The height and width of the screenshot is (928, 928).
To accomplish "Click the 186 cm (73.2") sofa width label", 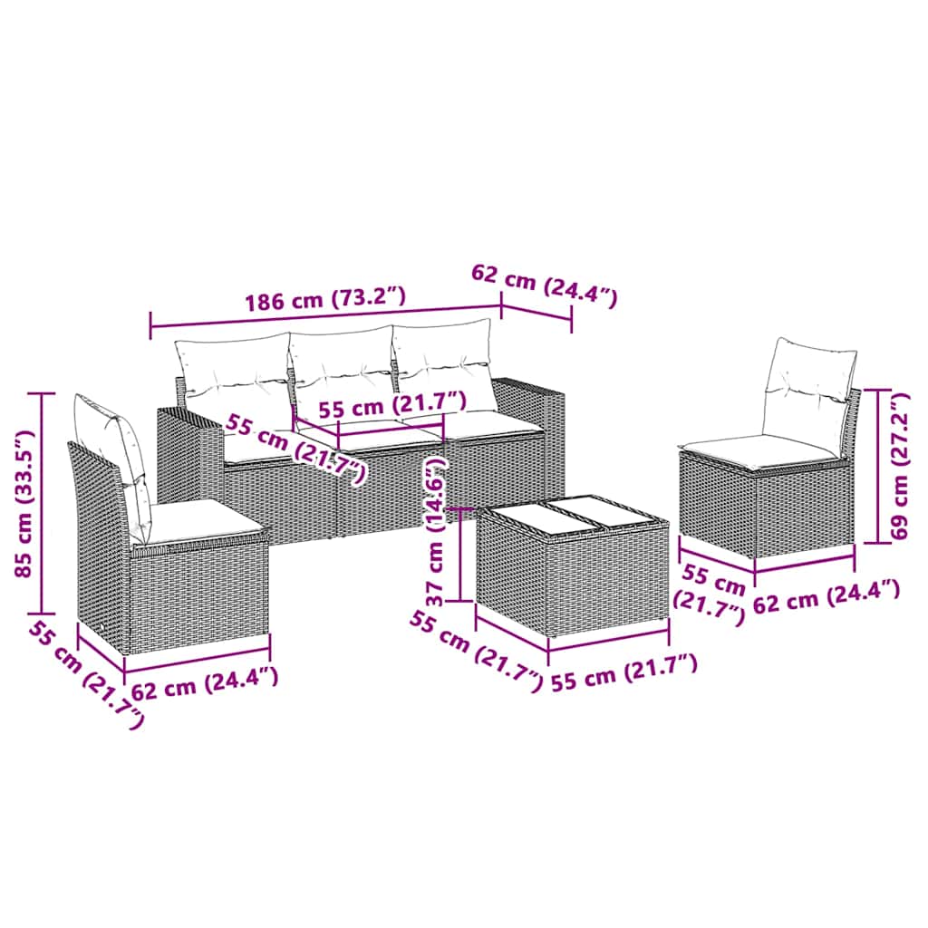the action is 326,299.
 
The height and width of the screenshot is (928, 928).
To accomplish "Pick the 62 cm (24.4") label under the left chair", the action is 205,683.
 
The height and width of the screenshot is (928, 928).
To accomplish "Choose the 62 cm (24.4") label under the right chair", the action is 826,596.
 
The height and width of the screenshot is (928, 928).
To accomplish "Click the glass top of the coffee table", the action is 573,519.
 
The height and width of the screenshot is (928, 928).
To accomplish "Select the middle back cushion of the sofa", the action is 342,372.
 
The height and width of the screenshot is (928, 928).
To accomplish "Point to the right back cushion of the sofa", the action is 444,364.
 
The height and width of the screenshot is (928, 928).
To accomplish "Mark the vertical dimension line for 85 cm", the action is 42,503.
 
